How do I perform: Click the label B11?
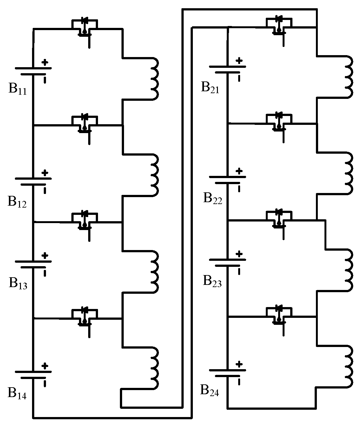point(17,89)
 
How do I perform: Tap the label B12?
point(17,202)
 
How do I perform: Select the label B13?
point(18,283)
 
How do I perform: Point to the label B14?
point(17,393)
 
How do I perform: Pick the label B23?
point(212,281)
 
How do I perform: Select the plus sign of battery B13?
point(45,255)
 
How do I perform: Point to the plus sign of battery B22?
point(239,171)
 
